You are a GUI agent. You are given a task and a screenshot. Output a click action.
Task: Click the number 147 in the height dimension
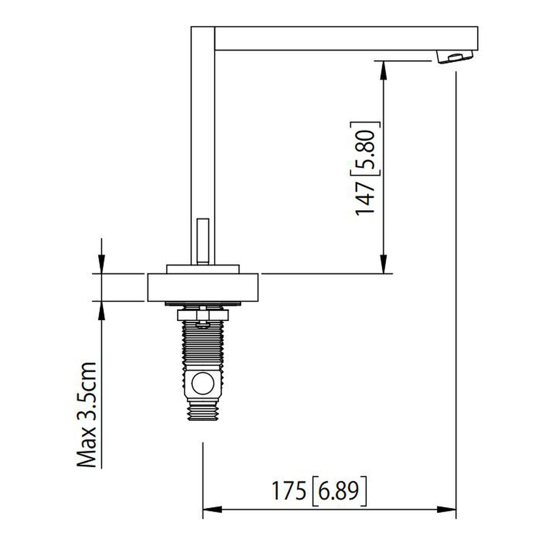(365, 199)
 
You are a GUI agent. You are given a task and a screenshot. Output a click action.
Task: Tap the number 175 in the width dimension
(289, 491)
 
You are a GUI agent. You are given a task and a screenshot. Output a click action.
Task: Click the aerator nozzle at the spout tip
(455, 57)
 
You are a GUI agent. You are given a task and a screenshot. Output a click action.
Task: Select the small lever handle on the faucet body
(203, 241)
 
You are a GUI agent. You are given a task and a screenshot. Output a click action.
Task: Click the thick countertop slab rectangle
(203, 288)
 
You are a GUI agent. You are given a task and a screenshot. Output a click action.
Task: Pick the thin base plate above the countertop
(203, 269)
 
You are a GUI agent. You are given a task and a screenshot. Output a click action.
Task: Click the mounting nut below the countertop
(203, 314)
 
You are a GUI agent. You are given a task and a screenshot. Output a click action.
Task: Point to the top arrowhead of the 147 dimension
(384, 70)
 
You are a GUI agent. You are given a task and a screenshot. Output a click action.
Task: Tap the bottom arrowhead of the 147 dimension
(384, 264)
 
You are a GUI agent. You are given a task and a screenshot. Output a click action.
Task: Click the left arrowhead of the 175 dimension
(212, 509)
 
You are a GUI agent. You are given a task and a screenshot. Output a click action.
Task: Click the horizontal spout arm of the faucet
(346, 38)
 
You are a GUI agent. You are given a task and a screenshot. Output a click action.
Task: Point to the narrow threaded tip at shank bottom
(203, 412)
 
